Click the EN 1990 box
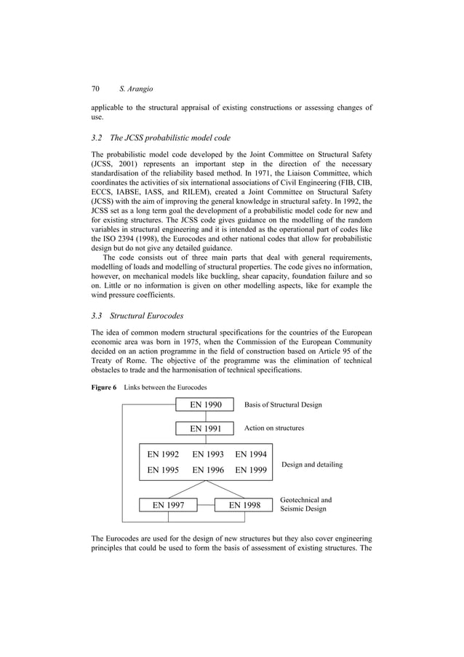(205, 405)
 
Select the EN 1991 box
(205, 429)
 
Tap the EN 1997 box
(168, 504)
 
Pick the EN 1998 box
(245, 504)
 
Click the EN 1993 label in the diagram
(207, 455)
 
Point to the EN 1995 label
(163, 470)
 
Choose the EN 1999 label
(251, 470)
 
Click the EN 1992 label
(163, 455)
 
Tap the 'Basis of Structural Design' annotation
(283, 405)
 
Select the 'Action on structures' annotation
(273, 428)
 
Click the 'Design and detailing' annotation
(311, 464)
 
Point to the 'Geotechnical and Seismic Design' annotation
(305, 504)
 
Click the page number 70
(95, 88)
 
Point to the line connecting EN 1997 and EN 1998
(206, 504)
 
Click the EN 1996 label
(207, 470)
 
